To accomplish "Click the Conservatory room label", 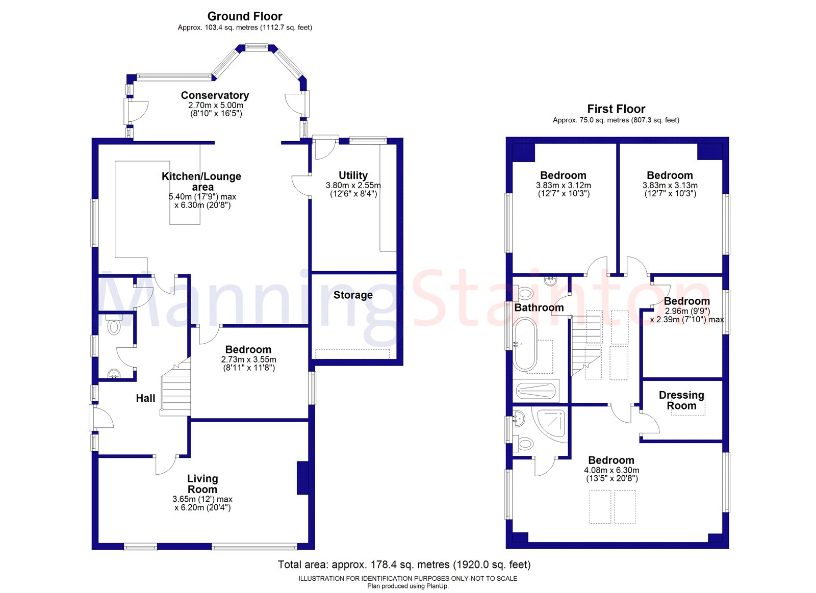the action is click(215, 95).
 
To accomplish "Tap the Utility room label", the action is click(353, 175).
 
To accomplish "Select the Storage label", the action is click(353, 295).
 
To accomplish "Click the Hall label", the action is click(145, 398).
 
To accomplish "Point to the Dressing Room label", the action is click(681, 400).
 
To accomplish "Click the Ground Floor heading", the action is click(245, 16).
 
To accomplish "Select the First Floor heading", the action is click(616, 109).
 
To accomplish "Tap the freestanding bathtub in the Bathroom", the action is click(525, 344).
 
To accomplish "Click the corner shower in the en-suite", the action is click(549, 424).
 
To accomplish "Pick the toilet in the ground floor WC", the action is click(114, 325).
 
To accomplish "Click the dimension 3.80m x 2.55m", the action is click(353, 185).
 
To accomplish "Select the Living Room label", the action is click(202, 484).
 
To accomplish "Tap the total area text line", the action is click(404, 564).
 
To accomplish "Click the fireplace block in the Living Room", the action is click(302, 478).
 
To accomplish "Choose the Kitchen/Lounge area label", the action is click(201, 182).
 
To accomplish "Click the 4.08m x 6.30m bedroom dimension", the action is click(611, 470).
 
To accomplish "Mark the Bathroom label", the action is click(539, 307).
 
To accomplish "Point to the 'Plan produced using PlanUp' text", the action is click(407, 586).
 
